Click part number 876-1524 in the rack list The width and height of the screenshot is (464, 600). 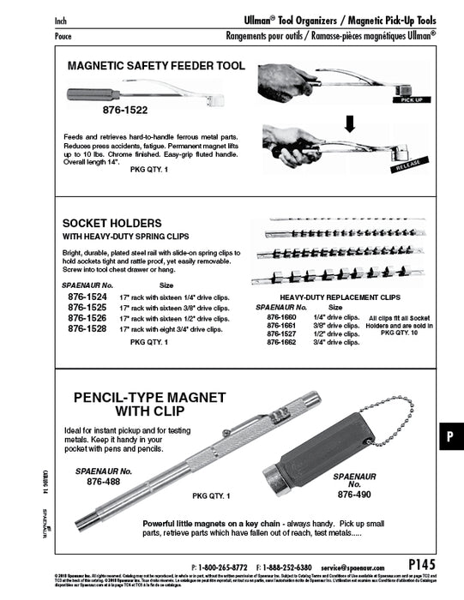pyautogui.click(x=88, y=297)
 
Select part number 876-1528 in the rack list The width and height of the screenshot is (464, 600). pyautogui.click(x=88, y=327)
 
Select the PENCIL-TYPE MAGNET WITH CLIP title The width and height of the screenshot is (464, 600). pyautogui.click(x=150, y=405)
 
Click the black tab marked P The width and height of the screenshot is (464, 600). pyautogui.click(x=450, y=436)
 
